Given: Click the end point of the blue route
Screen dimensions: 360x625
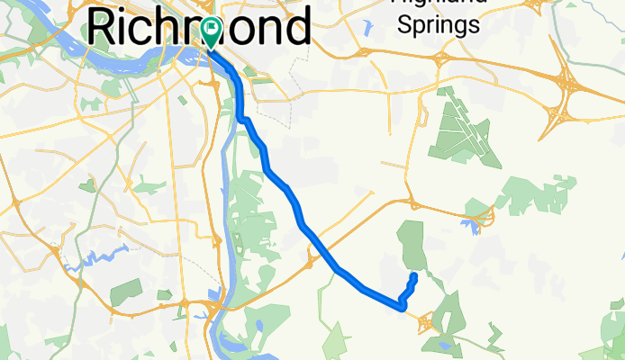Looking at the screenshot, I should click(413, 274).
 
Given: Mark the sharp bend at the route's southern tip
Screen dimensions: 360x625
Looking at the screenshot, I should click(401, 307).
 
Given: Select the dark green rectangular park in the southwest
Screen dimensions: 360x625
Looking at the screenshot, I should click(129, 290).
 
